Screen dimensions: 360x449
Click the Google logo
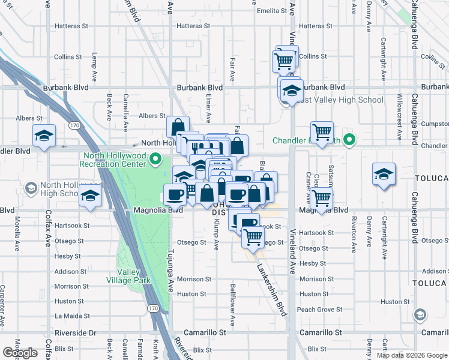(20, 353)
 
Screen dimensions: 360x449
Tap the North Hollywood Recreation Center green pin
(155, 160)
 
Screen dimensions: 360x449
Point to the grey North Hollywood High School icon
(29, 189)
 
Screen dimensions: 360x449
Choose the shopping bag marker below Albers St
(178, 127)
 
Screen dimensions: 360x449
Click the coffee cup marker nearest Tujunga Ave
(176, 194)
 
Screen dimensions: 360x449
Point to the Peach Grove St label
(315, 310)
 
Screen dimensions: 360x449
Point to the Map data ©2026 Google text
(412, 355)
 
